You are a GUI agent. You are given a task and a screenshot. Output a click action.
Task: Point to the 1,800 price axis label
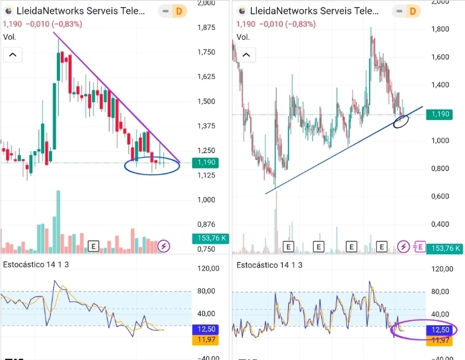441,29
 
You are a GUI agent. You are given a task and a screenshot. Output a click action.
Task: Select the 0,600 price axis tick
441,196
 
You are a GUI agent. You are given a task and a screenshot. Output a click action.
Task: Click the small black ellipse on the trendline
401,121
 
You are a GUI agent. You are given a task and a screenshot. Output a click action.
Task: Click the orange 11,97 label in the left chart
204,340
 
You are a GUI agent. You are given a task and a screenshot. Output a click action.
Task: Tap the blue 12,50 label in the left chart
204,329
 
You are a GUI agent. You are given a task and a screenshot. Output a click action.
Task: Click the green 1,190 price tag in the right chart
441,114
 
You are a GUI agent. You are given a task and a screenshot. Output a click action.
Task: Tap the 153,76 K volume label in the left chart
210,238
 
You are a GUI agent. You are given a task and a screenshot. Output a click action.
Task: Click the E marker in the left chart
94,246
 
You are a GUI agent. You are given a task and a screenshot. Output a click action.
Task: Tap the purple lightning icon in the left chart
164,246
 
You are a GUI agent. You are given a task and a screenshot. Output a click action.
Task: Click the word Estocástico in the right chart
256,265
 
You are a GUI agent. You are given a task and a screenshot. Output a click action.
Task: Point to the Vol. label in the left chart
10,37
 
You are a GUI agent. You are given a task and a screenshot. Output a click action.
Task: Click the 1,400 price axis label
441,84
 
